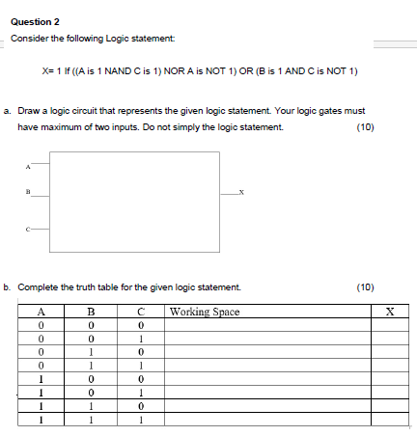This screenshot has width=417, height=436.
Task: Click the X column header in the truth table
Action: (389, 311)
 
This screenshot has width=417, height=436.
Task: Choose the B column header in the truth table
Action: (91, 311)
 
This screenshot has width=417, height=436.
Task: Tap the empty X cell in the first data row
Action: (389, 325)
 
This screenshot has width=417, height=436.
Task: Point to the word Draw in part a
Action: (28, 111)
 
